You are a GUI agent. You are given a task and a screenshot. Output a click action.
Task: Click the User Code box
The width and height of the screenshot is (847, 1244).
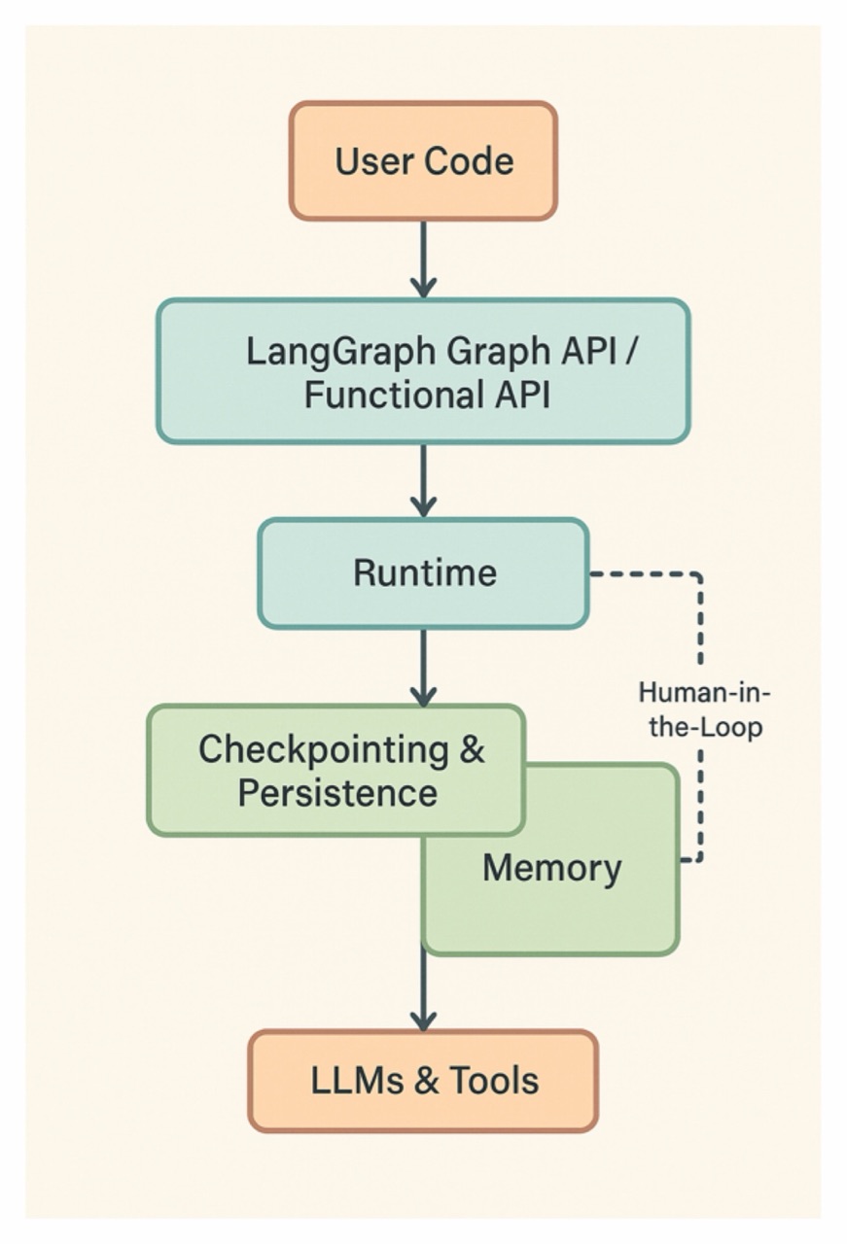(423, 160)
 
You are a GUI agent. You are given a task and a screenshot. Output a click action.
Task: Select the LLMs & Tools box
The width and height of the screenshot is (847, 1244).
(423, 1081)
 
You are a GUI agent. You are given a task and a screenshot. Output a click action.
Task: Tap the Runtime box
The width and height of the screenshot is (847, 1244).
(423, 572)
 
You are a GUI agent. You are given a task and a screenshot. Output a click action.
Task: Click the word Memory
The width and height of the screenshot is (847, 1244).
(551, 868)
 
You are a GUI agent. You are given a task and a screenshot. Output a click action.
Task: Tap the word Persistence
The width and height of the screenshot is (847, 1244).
(337, 793)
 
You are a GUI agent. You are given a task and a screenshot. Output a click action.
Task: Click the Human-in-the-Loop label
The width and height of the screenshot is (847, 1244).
(705, 709)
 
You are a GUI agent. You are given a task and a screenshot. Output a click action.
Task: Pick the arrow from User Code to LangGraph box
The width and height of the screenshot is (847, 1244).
(423, 259)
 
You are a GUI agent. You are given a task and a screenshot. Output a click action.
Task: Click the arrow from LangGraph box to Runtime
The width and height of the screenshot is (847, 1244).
(423, 480)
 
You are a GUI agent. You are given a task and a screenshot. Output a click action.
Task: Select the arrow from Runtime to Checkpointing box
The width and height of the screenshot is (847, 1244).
(423, 667)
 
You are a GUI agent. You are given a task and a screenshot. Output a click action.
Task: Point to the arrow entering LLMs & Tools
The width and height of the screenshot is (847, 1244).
(423, 991)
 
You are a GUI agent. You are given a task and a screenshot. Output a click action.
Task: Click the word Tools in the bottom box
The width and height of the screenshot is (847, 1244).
(494, 1081)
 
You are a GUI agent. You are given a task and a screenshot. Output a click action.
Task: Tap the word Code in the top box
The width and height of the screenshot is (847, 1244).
(465, 160)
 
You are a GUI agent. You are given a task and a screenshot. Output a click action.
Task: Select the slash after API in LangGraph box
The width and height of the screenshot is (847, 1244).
(630, 351)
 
